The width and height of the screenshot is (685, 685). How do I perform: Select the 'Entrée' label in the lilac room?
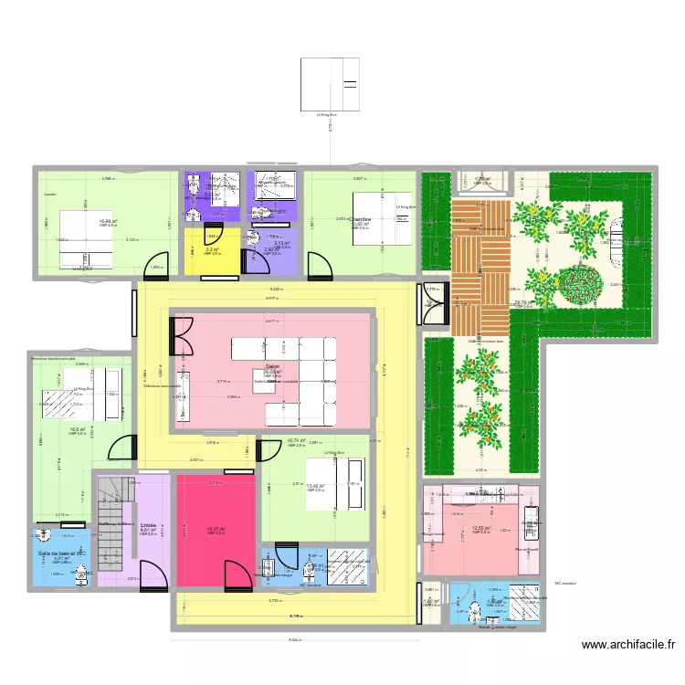tap(148, 525)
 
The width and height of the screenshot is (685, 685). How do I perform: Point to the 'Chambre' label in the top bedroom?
tap(359, 219)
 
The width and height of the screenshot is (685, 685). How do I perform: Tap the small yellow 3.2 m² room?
tap(211, 250)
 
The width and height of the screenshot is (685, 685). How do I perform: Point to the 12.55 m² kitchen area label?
tap(481, 528)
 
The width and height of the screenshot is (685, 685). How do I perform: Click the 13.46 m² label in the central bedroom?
tap(316, 487)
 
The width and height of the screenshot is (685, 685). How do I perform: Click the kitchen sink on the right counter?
tap(531, 524)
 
